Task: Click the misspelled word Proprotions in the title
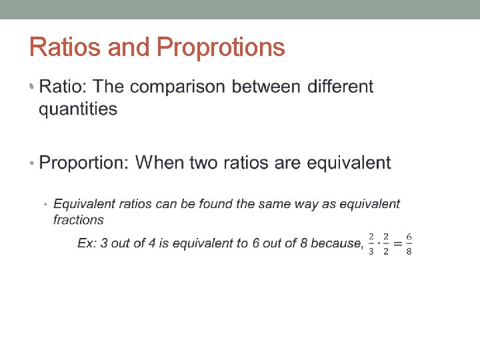coord(220,48)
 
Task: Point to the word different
coord(341,87)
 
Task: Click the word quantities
coord(78,109)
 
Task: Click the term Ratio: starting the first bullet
coord(63,87)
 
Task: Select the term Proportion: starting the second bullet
coord(84,163)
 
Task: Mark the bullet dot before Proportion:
coord(33,163)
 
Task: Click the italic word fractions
coord(79,220)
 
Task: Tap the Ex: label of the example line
coord(87,243)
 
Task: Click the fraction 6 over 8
coord(409,244)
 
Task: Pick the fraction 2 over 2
coord(386,244)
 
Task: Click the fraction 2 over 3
coord(371,244)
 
